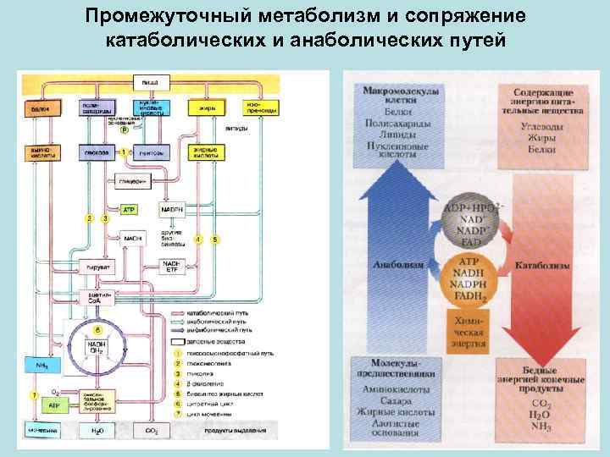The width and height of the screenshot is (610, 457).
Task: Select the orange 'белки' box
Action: coord(40,109)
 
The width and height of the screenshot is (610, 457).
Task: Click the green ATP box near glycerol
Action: coord(130,208)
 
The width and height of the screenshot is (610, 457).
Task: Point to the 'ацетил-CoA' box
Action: coord(93,296)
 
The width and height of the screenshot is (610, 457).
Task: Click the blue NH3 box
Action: coord(42,366)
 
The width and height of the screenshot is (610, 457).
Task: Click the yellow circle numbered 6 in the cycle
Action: coord(98,328)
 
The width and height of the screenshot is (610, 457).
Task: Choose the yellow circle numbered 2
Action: coord(87,219)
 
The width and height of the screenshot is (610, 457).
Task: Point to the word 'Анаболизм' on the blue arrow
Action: coord(396,264)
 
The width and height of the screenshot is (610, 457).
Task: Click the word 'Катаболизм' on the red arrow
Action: coord(542,265)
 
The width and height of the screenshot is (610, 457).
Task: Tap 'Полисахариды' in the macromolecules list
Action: coord(395,124)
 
